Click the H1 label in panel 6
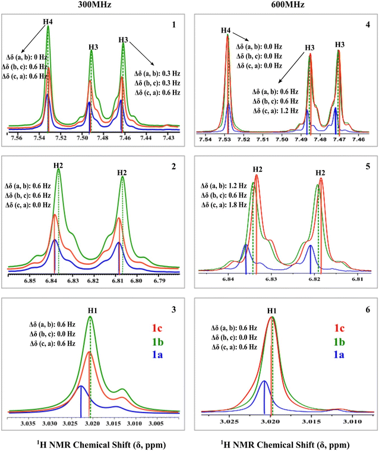tap(271, 310)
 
